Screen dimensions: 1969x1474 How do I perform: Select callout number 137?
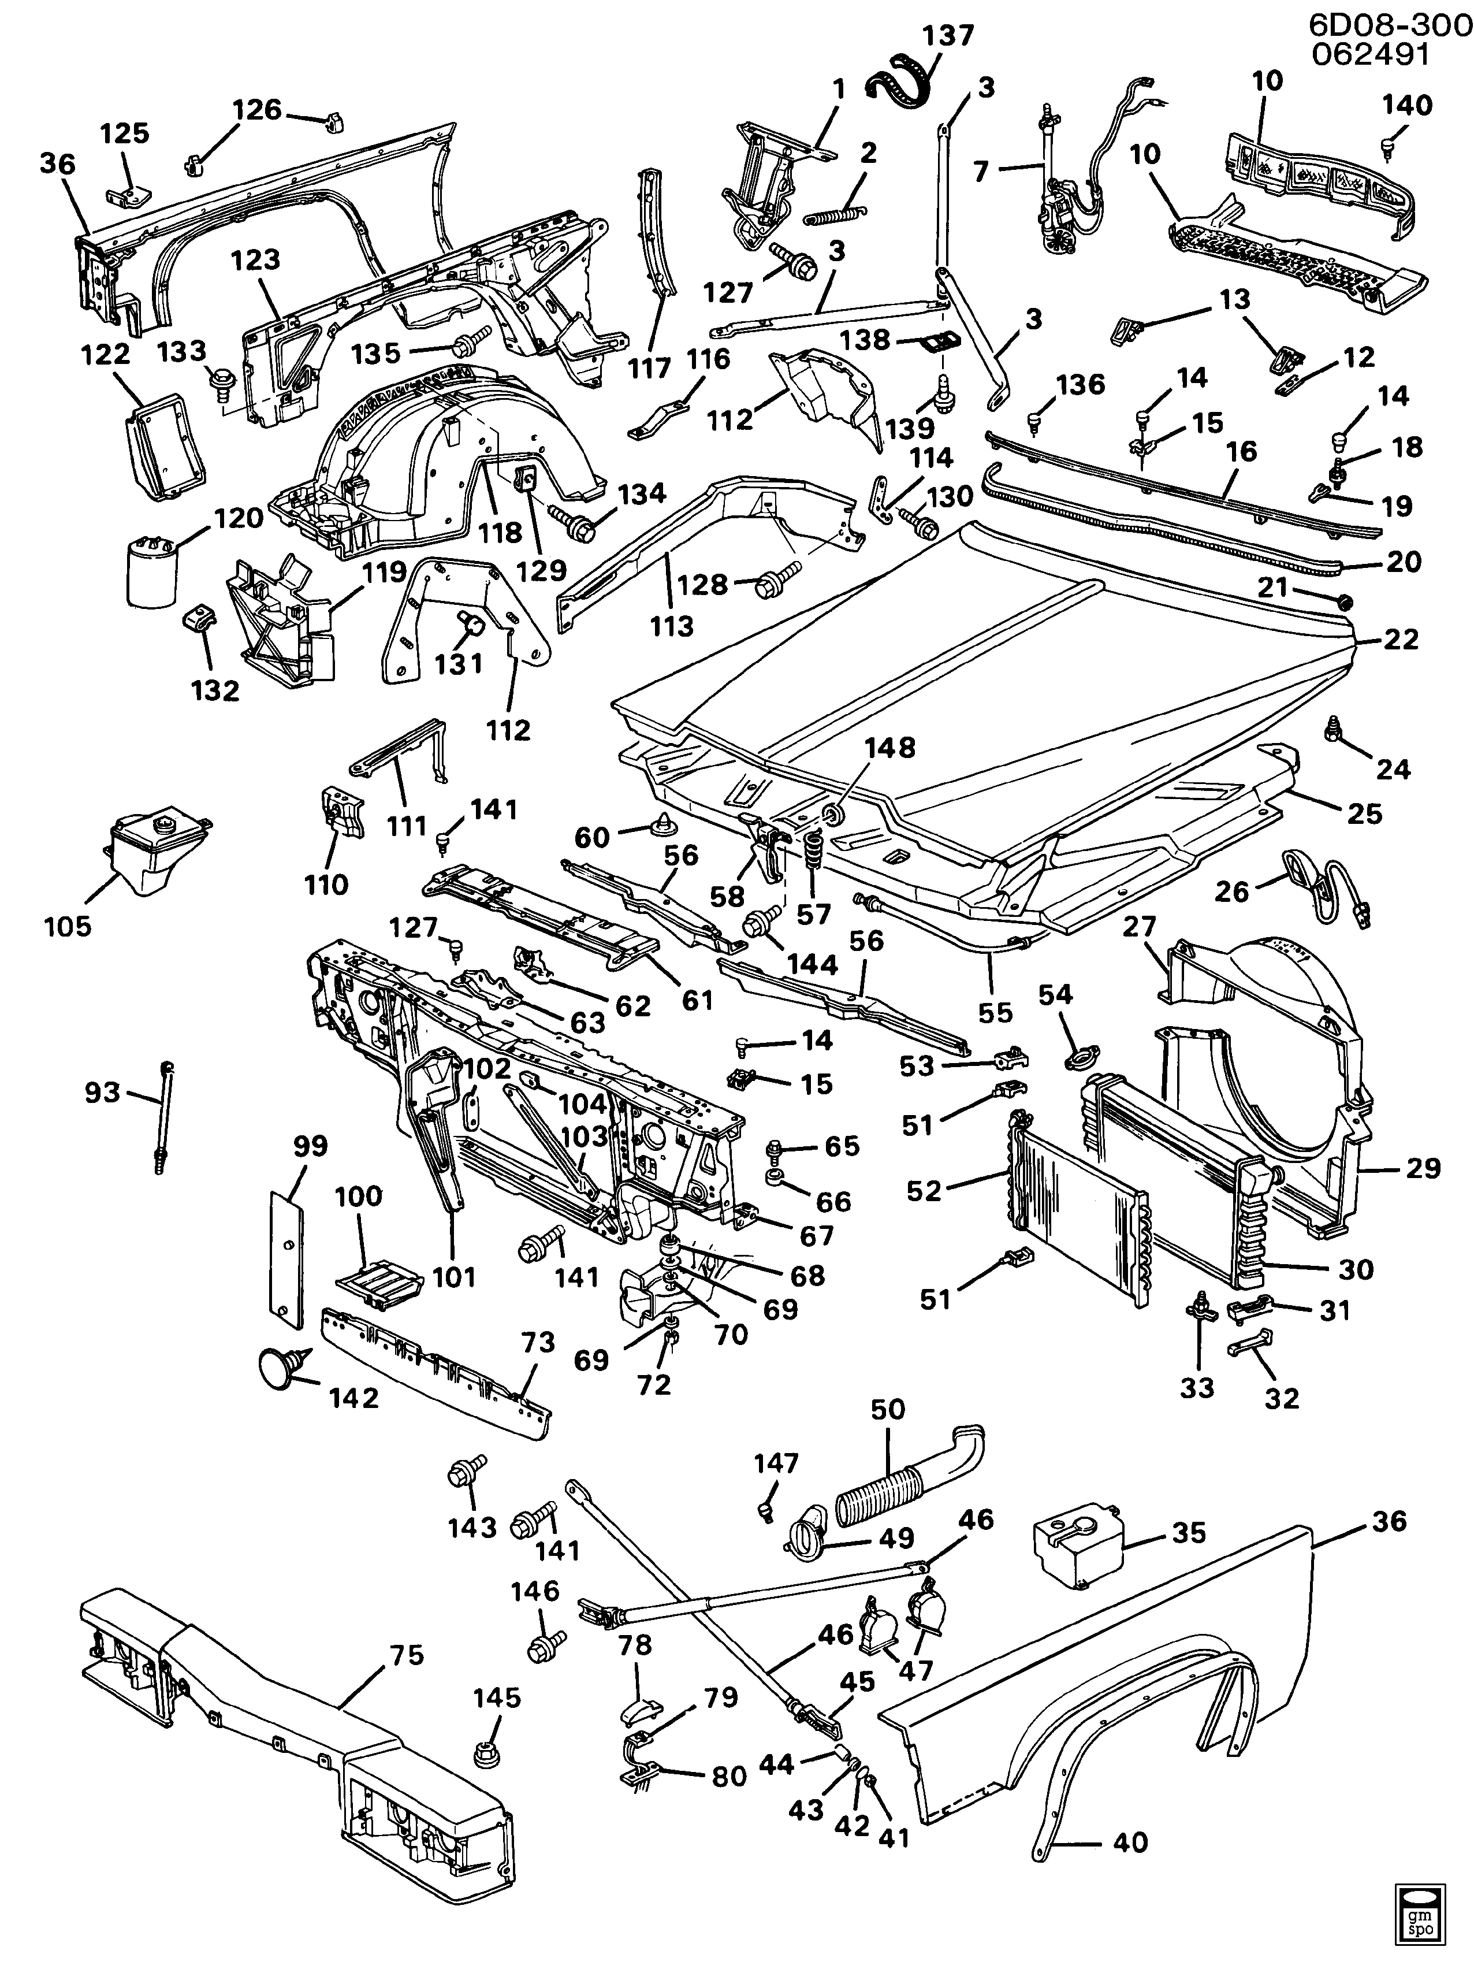(x=948, y=36)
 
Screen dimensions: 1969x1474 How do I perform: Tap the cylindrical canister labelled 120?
(x=152, y=574)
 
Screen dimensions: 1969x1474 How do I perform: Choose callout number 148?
(x=890, y=748)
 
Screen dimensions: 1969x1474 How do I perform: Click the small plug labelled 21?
(x=1345, y=604)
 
